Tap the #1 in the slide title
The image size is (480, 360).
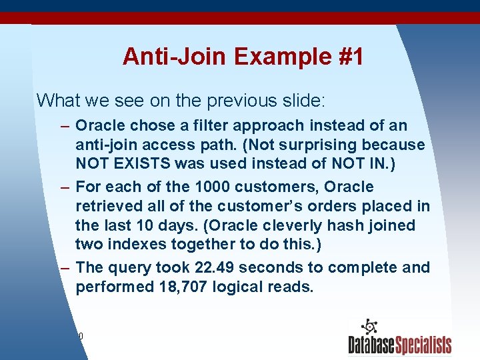point(348,57)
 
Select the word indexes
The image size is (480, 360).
point(141,245)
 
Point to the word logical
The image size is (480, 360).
point(246,287)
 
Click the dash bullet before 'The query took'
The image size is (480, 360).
point(64,268)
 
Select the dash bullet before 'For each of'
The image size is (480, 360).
point(64,187)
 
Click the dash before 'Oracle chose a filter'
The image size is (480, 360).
point(64,126)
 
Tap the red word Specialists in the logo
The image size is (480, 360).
point(423,345)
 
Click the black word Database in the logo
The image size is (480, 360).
point(371,345)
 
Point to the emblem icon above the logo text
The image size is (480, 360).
point(369,327)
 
